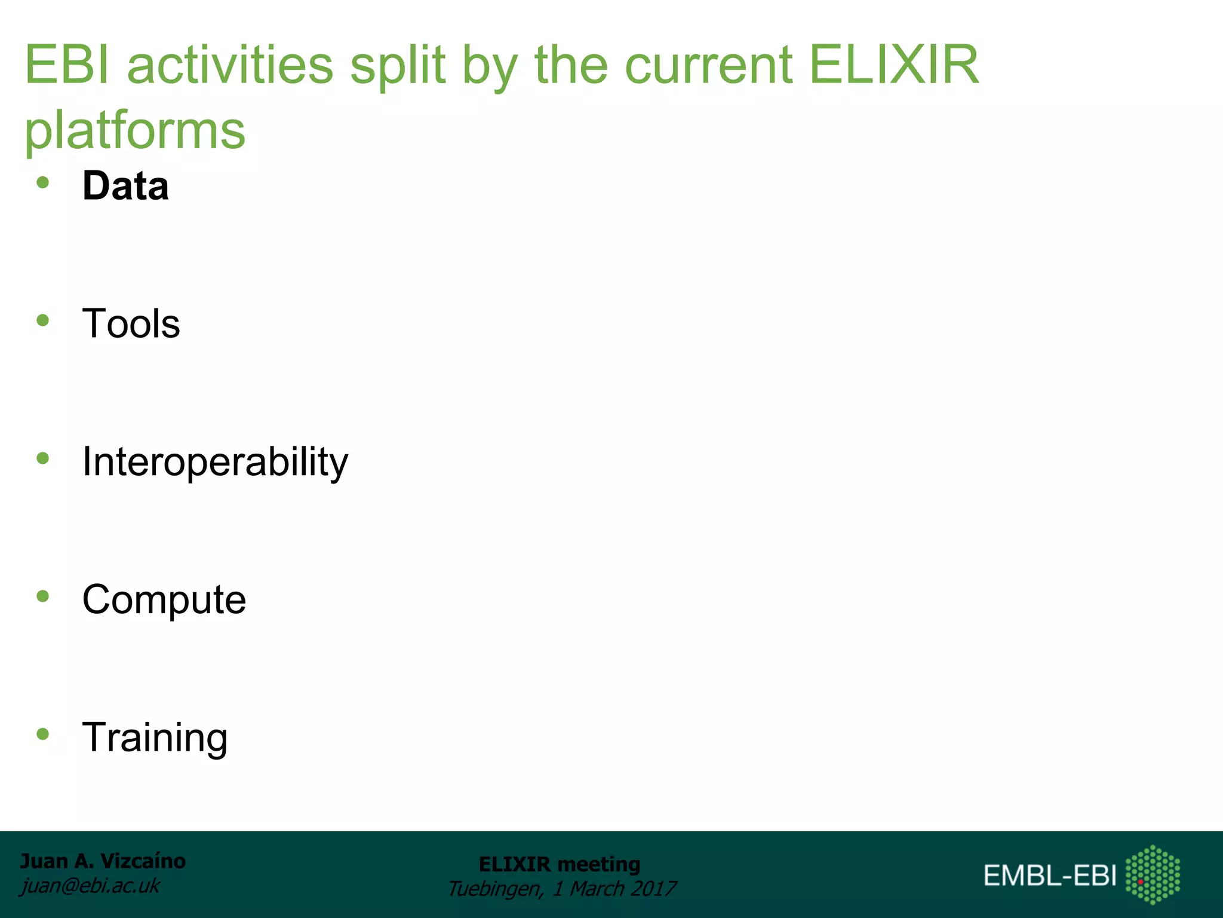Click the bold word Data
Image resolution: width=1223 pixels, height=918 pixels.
tap(125, 186)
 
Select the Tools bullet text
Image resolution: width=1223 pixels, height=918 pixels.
tap(131, 323)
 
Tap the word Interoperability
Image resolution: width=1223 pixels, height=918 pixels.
tap(215, 462)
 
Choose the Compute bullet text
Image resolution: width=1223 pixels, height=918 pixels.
tap(164, 599)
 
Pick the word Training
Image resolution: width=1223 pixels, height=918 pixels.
tap(155, 738)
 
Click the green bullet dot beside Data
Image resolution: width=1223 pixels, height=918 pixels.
tap(42, 183)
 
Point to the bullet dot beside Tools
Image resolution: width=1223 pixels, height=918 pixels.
tap(42, 321)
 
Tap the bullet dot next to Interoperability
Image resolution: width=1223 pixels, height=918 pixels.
tap(42, 458)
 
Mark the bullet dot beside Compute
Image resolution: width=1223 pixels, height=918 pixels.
tap(42, 596)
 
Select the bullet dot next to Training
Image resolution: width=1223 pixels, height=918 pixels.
tap(42, 734)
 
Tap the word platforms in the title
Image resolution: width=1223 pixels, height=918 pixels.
tap(135, 130)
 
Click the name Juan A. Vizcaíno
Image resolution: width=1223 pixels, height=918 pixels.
tap(103, 861)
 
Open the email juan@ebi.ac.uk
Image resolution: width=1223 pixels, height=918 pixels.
tap(90, 885)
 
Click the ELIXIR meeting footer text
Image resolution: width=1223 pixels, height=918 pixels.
tap(560, 864)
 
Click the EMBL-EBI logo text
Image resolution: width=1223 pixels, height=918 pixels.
tap(1050, 876)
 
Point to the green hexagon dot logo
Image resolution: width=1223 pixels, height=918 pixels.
tap(1153, 874)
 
